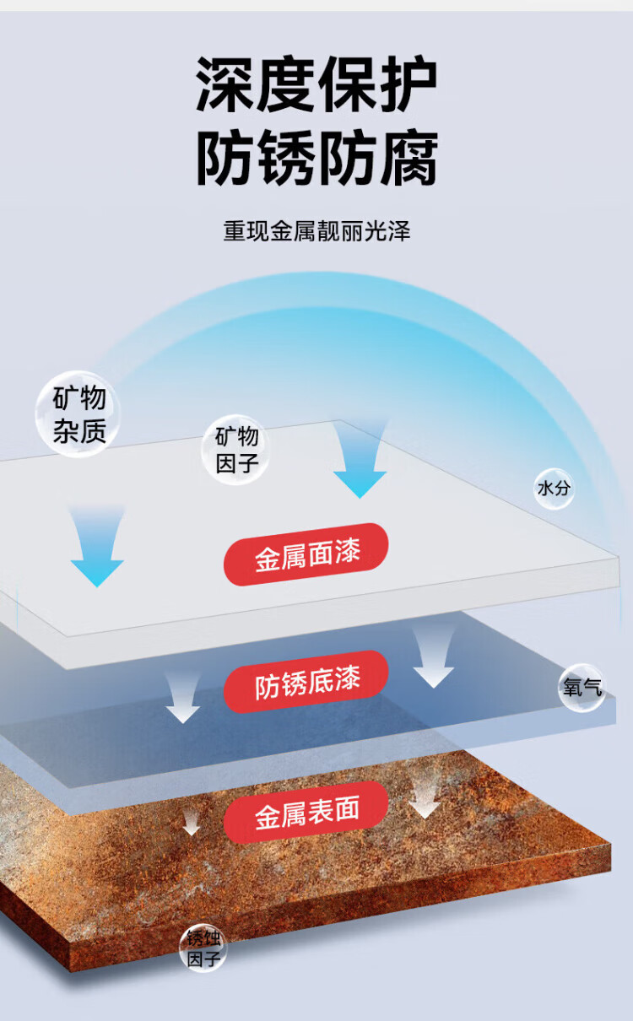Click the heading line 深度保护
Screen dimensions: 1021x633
[x=316, y=86]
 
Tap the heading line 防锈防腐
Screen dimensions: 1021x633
[x=316, y=159]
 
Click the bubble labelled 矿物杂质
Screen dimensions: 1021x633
[x=78, y=414]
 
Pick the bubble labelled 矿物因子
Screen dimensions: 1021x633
[x=236, y=450]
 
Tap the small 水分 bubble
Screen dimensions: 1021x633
[x=554, y=489]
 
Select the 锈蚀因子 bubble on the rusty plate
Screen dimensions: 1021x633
[x=203, y=948]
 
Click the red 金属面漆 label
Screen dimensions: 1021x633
[x=306, y=554]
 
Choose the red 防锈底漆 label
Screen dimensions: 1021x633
[x=306, y=682]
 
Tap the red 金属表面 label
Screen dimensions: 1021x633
[x=306, y=812]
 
